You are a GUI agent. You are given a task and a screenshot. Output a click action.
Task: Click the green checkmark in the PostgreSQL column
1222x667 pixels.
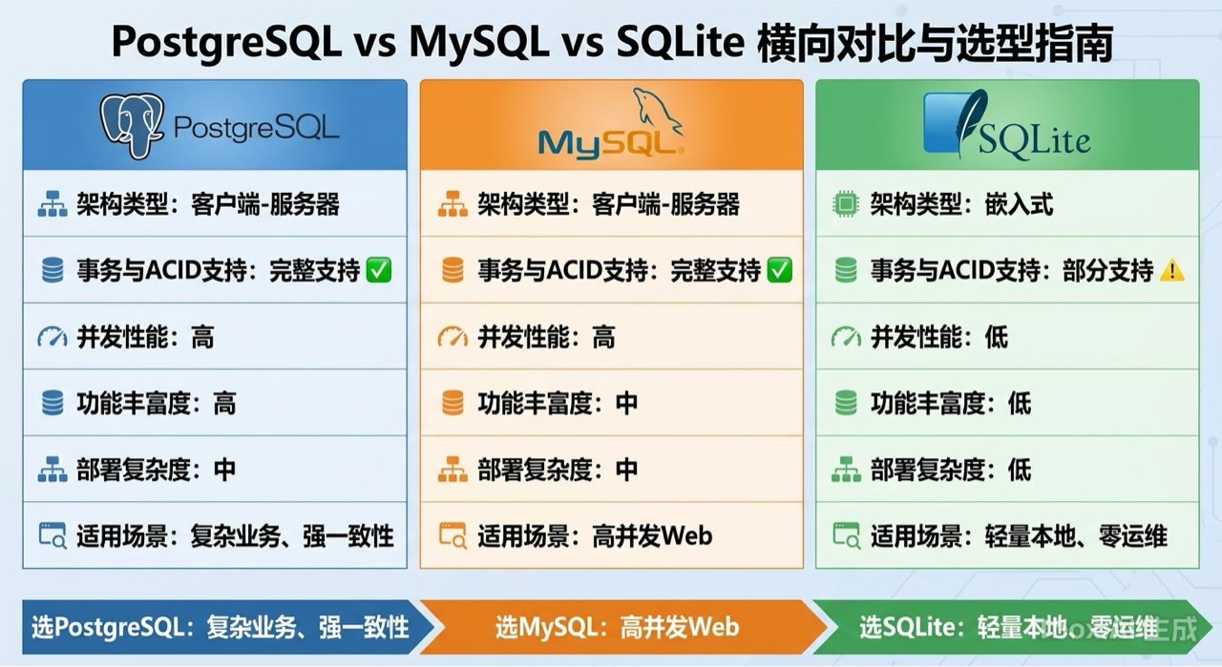coord(379,271)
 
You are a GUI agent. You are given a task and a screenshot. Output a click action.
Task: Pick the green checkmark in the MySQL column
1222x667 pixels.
coord(780,271)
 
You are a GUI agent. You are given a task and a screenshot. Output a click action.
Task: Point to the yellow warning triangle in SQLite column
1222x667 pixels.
coord(1172,271)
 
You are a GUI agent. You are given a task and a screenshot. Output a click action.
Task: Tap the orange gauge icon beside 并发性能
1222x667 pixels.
coord(453,337)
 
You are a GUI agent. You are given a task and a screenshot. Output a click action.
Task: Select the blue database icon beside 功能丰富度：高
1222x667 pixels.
coord(53,404)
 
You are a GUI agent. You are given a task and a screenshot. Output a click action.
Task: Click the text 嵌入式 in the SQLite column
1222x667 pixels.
coord(1019,204)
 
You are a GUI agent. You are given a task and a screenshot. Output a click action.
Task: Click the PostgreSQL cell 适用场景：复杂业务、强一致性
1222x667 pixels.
coord(235,535)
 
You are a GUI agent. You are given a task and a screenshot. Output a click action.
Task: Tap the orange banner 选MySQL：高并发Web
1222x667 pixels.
coord(617,627)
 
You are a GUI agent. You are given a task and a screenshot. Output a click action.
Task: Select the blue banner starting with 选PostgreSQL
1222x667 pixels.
coord(220,627)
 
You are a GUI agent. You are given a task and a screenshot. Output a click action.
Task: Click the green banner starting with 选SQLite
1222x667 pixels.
coord(1012,627)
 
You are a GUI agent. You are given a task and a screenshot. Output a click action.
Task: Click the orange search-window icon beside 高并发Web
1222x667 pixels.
coord(453,535)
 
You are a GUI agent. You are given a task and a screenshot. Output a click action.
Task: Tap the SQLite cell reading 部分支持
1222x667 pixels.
coord(1107,271)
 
